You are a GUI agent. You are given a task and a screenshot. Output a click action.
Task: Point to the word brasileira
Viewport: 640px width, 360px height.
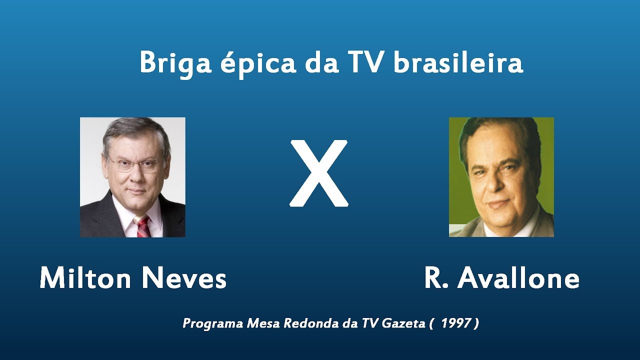458,63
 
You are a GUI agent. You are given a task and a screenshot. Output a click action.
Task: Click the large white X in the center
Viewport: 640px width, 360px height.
319,173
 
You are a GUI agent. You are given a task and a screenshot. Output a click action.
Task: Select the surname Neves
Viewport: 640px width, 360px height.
183,278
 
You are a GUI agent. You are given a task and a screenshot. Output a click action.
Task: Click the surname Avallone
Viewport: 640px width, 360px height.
518,278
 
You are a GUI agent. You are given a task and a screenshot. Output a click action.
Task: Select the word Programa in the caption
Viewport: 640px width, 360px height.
213,324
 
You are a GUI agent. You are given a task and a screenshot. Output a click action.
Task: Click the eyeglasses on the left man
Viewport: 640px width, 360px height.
134,164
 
